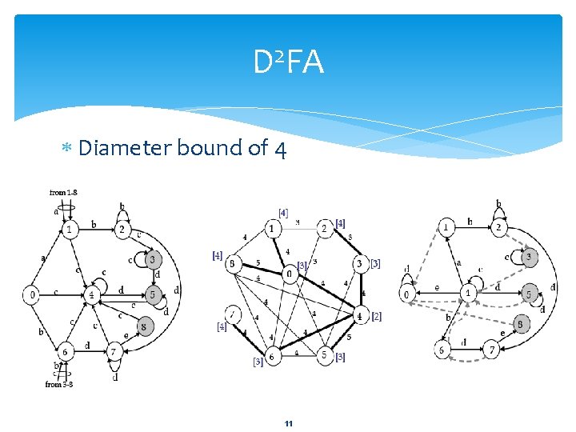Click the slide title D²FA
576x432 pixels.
[289, 62]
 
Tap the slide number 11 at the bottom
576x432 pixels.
[288, 423]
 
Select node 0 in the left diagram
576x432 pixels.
[32, 295]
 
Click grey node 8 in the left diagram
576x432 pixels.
[143, 326]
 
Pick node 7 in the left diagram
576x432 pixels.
[114, 352]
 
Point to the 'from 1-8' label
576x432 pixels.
[63, 193]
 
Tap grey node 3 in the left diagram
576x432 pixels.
[153, 259]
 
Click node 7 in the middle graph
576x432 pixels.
[234, 313]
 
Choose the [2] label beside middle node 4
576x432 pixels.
[376, 317]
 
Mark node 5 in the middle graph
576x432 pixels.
[325, 355]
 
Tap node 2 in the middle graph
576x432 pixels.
[325, 229]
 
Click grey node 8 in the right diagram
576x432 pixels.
[519, 324]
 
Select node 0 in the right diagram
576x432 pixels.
[407, 294]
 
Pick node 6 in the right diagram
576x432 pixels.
[442, 350]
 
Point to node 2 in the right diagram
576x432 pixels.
[498, 228]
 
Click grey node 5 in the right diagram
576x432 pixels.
[530, 294]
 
